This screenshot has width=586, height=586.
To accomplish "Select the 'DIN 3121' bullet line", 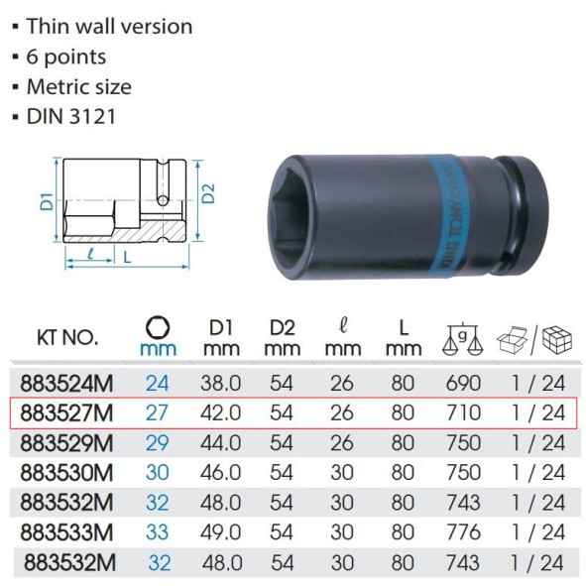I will click(x=77, y=116).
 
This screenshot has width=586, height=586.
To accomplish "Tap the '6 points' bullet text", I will click(x=72, y=57).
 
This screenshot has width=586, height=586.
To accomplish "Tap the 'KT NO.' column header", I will click(x=66, y=337).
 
